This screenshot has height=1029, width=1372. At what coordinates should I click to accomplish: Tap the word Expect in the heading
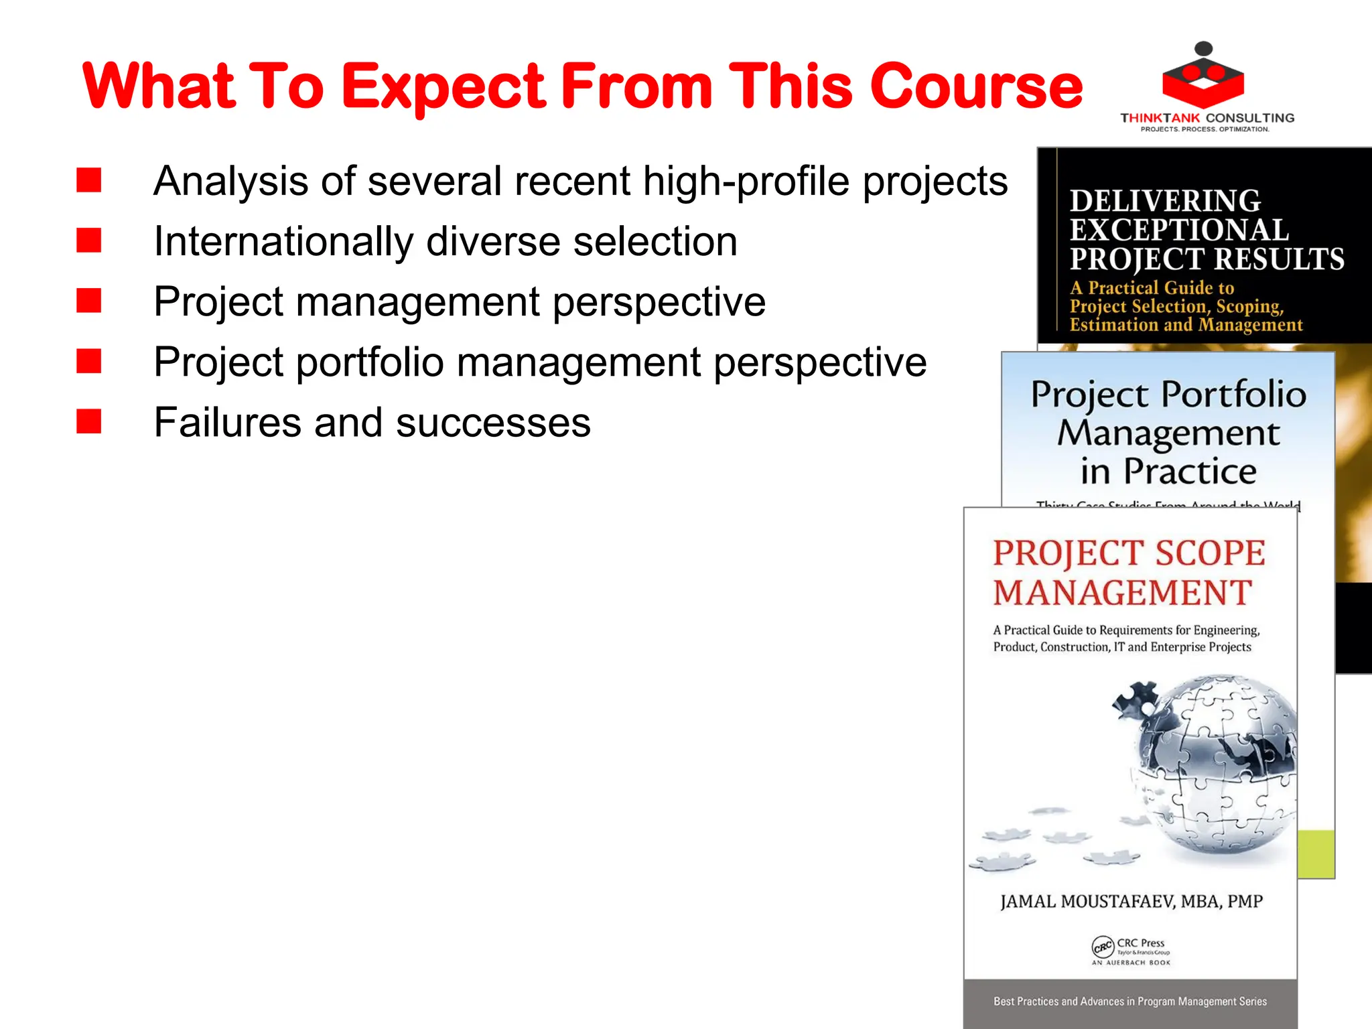coord(445,87)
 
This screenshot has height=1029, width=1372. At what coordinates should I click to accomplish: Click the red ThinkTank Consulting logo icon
coord(1203,77)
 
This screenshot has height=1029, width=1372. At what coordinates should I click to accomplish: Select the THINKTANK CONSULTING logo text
coord(1207,118)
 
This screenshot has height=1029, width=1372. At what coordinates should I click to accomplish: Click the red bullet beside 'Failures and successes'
coord(88,422)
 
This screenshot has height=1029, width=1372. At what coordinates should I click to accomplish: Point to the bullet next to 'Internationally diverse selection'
coord(88,241)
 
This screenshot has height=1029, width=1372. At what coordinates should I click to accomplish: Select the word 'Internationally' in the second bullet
coord(283,241)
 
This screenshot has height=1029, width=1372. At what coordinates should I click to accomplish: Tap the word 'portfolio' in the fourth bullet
coord(370,362)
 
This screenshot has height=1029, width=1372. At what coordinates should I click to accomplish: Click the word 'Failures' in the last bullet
coord(228,423)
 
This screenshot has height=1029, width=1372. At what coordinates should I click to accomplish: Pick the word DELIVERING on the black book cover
coord(1165,200)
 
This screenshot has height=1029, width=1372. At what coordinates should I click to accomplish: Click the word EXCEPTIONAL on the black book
coord(1179,230)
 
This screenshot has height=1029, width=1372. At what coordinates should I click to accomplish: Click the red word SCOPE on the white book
coord(1210,553)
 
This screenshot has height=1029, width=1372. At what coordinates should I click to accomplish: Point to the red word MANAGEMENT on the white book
coord(1123,593)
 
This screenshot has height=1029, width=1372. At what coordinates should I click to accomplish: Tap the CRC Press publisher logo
coord(1130,949)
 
